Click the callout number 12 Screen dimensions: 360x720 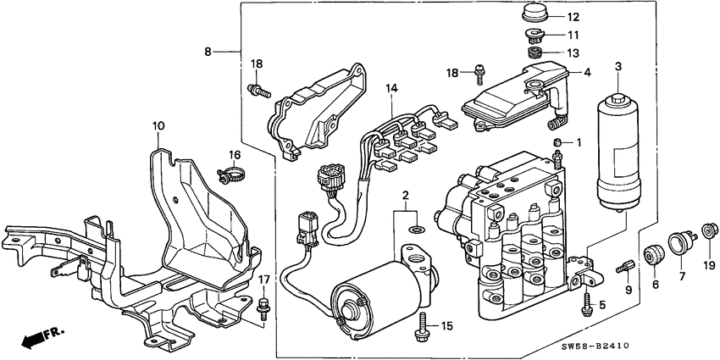[x=573, y=17]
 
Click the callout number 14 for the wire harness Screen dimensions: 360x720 [x=390, y=88]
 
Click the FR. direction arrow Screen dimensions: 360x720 [x=34, y=338]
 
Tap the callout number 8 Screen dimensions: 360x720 [x=209, y=51]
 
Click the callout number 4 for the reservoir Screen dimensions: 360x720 [x=586, y=73]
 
